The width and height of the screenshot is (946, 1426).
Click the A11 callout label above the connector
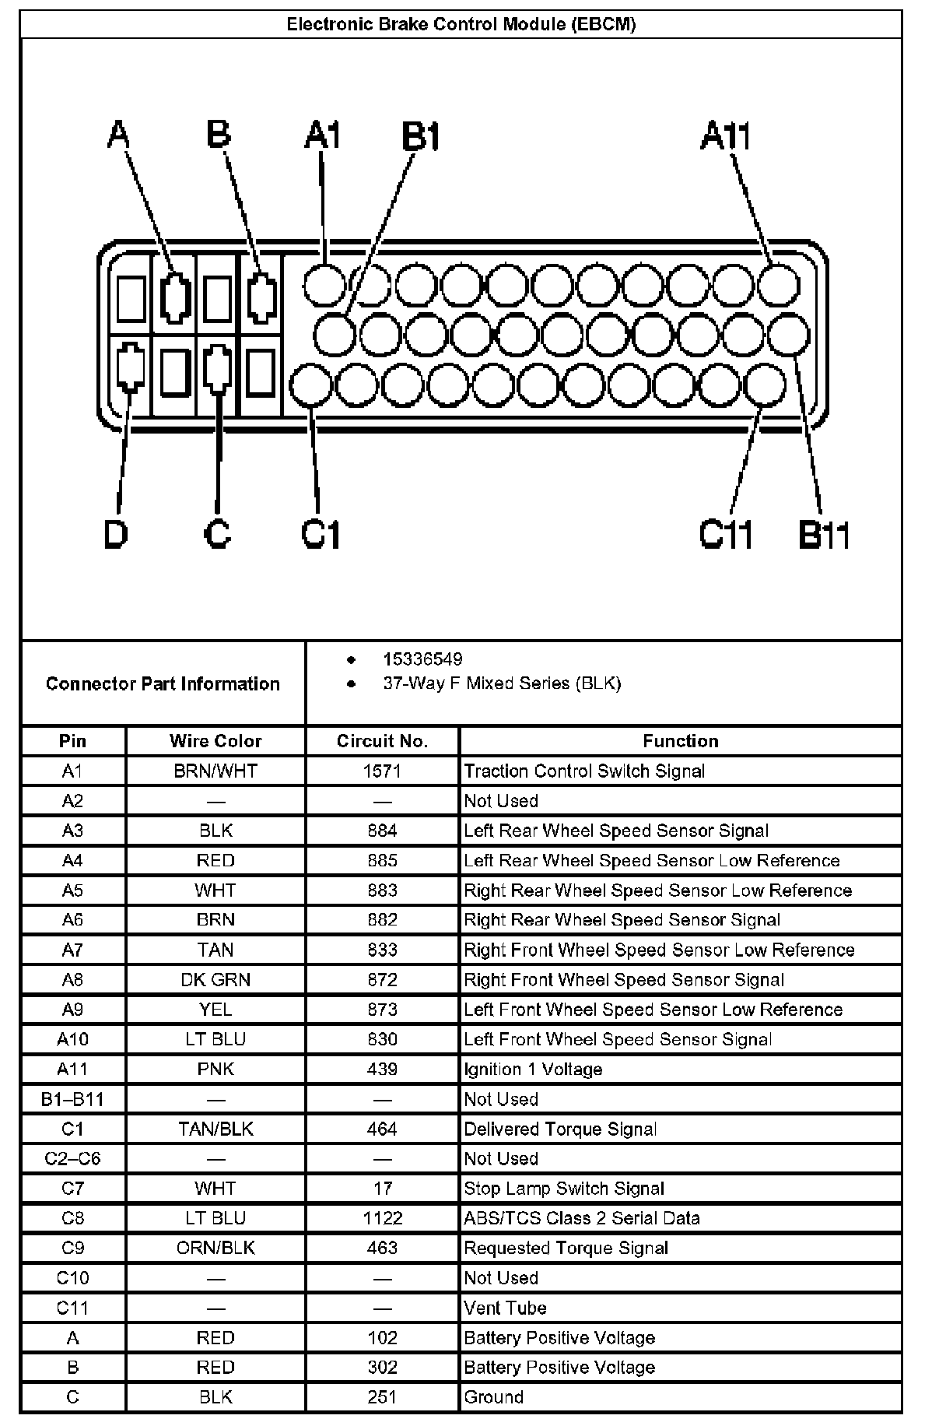(724, 136)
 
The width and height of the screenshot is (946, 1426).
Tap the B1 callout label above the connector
(421, 137)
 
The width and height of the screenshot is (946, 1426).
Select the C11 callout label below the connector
(725, 535)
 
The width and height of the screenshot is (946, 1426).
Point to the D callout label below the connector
(116, 535)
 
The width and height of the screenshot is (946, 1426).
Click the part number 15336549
(422, 659)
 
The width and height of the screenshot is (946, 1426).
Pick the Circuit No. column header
(382, 741)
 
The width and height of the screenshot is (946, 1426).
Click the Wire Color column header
(215, 741)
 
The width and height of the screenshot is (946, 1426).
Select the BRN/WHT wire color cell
(215, 771)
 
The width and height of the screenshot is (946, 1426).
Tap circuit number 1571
(382, 771)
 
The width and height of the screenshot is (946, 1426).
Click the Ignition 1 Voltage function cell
(533, 1069)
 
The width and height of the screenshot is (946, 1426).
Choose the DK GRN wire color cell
(215, 980)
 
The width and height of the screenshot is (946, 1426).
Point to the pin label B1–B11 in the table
(72, 1099)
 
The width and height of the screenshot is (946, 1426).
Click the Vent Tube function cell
(505, 1308)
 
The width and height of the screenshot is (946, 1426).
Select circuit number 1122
(382, 1218)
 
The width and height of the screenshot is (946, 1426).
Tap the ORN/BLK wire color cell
(215, 1248)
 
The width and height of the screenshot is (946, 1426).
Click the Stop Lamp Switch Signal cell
(564, 1189)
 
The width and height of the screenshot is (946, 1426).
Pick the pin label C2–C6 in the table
(72, 1159)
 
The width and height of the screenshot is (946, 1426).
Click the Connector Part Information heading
(163, 683)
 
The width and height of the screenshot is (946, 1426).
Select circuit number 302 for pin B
(382, 1368)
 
